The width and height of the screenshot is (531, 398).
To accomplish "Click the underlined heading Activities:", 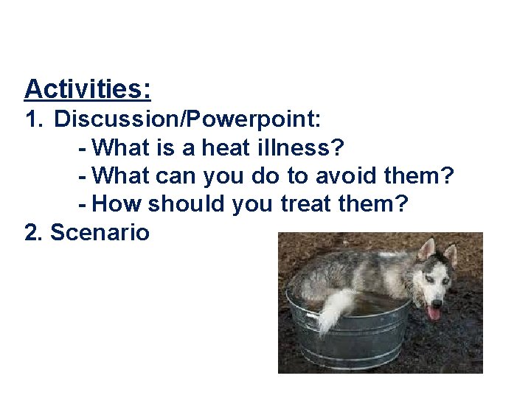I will pos(88,89).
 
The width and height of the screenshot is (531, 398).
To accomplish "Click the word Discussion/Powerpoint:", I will pos(187,119).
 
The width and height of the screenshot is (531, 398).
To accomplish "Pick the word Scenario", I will pos(99,233).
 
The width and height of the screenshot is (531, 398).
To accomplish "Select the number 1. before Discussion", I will pos(34,119).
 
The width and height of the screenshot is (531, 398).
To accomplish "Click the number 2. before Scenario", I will pos(34,233).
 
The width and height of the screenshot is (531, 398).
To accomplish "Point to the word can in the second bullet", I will pos(172,175).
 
